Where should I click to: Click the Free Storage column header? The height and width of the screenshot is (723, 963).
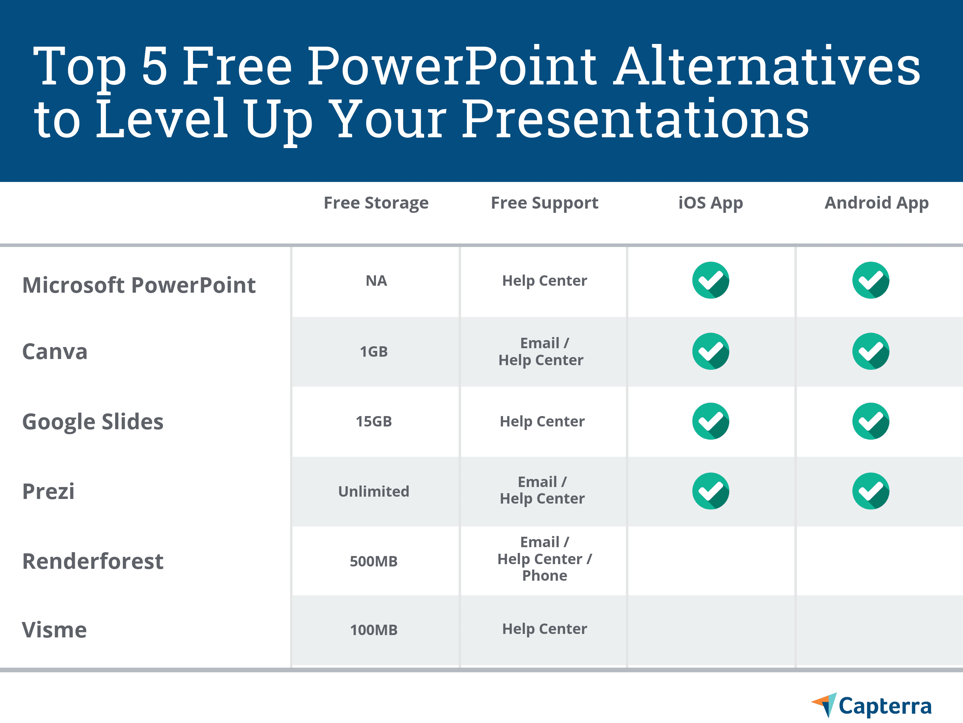(x=376, y=203)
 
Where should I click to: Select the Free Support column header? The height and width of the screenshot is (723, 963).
(x=544, y=203)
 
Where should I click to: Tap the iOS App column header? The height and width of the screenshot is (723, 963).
(x=710, y=203)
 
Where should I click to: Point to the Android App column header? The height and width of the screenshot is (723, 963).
(x=876, y=203)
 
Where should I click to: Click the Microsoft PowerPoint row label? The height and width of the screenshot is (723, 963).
(x=139, y=285)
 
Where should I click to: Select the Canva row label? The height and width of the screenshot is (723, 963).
(x=55, y=352)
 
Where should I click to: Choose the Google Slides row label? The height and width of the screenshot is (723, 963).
(x=93, y=422)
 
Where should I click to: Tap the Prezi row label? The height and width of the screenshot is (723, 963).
(x=48, y=492)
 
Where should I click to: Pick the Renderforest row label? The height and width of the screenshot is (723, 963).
(x=93, y=561)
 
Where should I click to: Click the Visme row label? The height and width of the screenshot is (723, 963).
(x=54, y=630)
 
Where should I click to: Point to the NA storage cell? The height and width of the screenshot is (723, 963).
(x=376, y=281)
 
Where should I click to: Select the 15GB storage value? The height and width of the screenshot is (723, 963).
(x=374, y=421)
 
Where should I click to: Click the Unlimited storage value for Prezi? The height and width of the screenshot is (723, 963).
(x=374, y=492)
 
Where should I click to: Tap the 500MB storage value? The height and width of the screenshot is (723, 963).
(x=374, y=561)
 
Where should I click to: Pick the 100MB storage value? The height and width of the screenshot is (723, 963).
(x=374, y=630)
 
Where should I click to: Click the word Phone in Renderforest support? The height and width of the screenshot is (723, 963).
(x=544, y=576)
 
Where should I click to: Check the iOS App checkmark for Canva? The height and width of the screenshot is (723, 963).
(x=710, y=351)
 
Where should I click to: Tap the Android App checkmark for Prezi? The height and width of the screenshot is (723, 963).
(x=871, y=491)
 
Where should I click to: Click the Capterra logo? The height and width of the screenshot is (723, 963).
(x=872, y=705)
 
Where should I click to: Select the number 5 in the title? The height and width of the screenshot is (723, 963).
(x=154, y=66)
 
